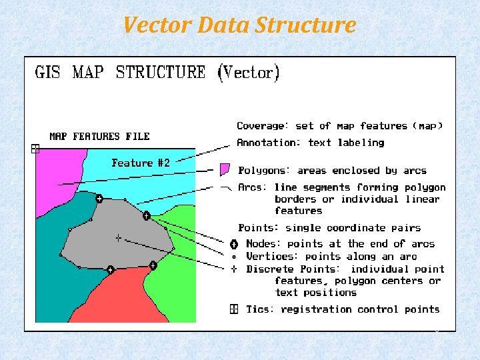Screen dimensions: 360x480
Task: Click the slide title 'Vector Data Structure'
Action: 239,25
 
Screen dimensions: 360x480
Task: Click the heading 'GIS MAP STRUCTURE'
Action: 120,72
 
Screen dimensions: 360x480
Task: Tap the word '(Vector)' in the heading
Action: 249,72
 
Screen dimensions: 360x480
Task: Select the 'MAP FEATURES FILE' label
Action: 99,137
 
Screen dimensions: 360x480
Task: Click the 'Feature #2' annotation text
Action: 141,163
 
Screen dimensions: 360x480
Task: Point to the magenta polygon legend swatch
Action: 225,169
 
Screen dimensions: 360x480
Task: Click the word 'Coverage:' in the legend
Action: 263,126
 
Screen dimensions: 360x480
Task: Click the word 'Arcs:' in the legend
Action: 253,187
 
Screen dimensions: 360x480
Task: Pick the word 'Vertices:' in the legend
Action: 273,256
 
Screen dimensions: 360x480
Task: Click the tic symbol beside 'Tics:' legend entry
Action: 234,309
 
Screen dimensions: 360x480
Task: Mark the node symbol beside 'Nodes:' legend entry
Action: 234,244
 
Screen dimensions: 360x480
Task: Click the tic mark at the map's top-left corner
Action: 36,149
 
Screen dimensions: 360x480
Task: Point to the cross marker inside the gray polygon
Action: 118,237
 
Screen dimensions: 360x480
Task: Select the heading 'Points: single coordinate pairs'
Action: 329,228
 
